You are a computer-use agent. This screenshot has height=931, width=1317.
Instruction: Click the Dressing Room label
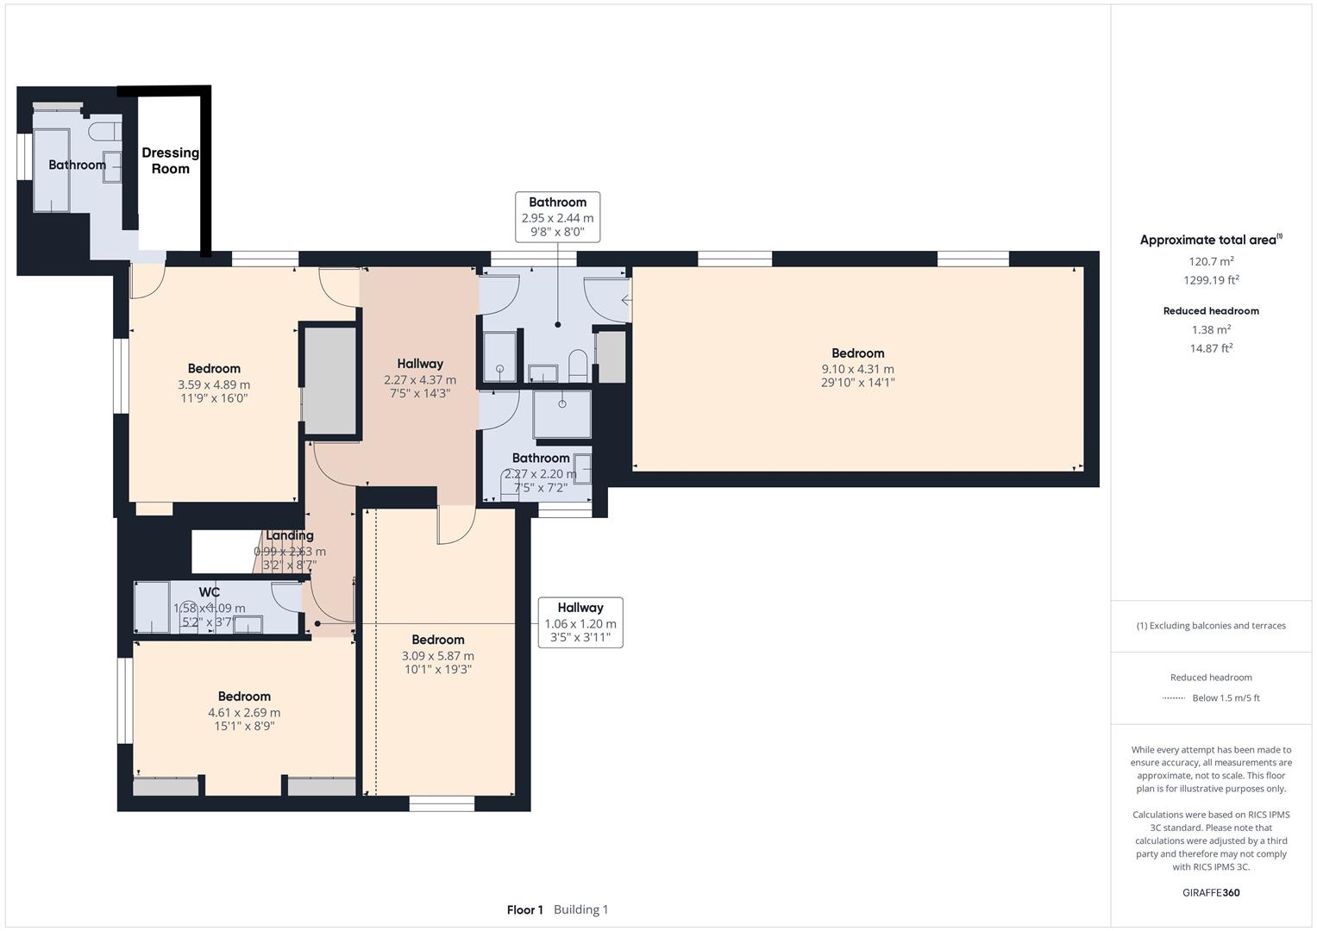click(170, 160)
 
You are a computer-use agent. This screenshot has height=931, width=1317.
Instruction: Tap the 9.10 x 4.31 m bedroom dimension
click(857, 369)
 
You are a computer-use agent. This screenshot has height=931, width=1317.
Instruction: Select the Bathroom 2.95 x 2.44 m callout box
click(557, 217)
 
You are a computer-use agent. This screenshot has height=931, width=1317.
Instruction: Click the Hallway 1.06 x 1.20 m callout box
click(580, 622)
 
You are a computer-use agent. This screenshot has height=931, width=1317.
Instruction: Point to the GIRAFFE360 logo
click(1211, 892)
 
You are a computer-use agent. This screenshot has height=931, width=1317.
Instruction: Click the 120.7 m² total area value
click(1211, 261)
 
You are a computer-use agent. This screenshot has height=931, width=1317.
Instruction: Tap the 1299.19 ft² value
click(1211, 280)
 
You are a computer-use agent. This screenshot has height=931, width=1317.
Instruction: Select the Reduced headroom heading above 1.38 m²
click(1211, 311)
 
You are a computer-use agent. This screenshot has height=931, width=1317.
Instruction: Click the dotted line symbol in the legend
click(1173, 698)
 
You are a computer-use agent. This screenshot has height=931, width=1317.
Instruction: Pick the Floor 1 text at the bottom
click(524, 909)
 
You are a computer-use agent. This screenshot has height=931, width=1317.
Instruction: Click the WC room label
click(210, 592)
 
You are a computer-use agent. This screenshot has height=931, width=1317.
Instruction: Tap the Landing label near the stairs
click(289, 535)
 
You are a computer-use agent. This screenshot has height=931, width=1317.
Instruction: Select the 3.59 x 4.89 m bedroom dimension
click(214, 384)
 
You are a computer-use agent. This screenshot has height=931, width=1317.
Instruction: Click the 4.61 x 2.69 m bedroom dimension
click(244, 713)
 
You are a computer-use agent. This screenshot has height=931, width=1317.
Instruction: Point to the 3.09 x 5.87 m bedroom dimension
click(437, 656)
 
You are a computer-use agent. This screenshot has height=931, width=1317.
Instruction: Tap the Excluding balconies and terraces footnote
click(1211, 626)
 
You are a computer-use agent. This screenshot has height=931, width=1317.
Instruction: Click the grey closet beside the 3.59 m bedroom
click(329, 380)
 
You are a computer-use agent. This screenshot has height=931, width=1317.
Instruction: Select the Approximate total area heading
click(1210, 241)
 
